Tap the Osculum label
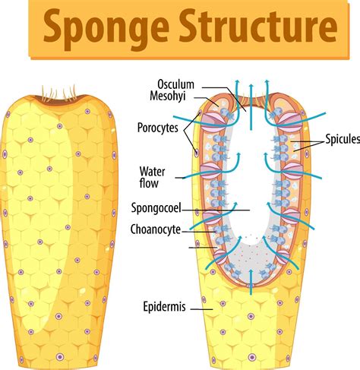(x=177, y=84)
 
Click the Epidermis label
(x=165, y=307)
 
